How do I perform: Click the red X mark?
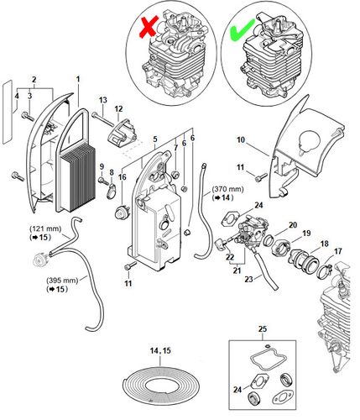pyautogui.click(x=149, y=26)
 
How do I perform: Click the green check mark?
pyautogui.click(x=242, y=29)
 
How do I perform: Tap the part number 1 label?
pyautogui.click(x=78, y=79)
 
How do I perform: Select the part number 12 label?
pyautogui.click(x=118, y=108)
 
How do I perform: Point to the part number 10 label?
pyautogui.click(x=241, y=139)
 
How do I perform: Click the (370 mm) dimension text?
pyautogui.click(x=227, y=189)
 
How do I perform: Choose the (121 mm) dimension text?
pyautogui.click(x=45, y=228)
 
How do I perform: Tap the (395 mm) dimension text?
pyautogui.click(x=62, y=280)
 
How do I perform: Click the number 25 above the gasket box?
pyautogui.click(x=263, y=328)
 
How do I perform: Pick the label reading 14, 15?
pyautogui.click(x=160, y=350)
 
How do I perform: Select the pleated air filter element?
pyautogui.click(x=76, y=181)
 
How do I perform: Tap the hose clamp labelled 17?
pyautogui.click(x=324, y=270)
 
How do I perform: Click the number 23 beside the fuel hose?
pyautogui.click(x=248, y=279)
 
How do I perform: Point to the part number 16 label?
pyautogui.click(x=123, y=177)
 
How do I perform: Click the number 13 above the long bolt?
pyautogui.click(x=103, y=100)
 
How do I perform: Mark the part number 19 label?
pyautogui.click(x=306, y=233)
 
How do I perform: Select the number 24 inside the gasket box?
pyautogui.click(x=237, y=389)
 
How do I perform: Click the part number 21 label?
pyautogui.click(x=237, y=270)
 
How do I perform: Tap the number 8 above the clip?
pyautogui.click(x=112, y=173)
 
